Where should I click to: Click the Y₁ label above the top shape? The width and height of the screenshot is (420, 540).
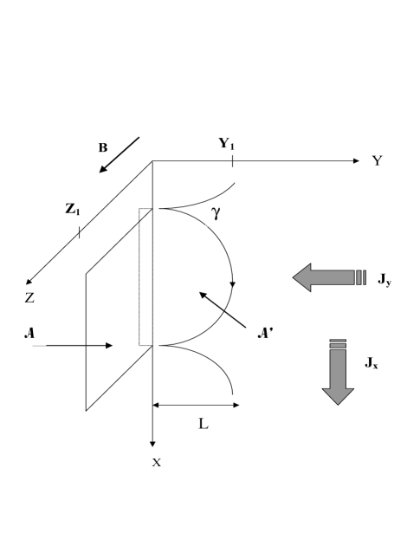229,143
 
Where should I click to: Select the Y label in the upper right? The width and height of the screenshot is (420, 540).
378,160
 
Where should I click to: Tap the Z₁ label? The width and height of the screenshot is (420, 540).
74,211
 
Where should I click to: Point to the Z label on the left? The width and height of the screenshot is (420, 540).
31,297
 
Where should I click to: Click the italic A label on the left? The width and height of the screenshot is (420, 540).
35,333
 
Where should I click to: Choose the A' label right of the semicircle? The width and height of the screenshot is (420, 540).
265,333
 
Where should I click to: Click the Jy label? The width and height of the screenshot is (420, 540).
394,284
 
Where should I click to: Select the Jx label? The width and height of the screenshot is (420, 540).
381,368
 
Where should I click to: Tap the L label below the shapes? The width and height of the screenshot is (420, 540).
204,425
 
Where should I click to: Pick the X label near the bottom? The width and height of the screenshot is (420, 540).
158,464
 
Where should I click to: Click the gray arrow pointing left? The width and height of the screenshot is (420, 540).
329,277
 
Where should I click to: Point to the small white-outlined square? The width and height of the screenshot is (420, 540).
219,211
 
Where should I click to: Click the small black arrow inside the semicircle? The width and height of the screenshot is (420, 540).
210,303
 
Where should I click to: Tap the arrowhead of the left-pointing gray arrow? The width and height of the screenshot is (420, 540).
303,277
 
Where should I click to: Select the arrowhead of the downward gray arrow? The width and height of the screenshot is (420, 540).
338,394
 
